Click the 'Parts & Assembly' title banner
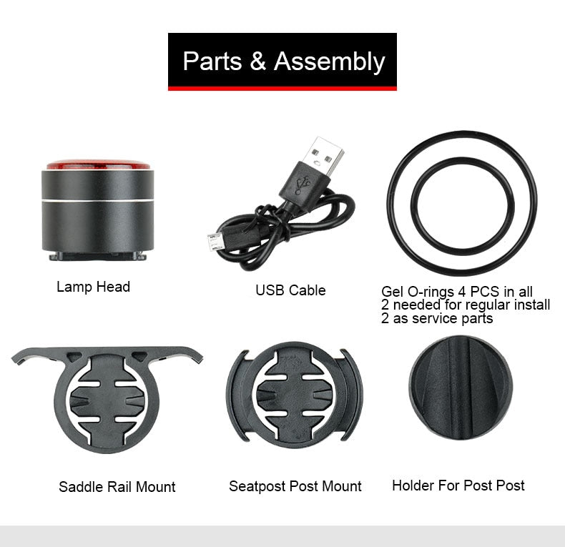[x=282, y=61]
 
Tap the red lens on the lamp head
[x=99, y=164]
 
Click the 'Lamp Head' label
[x=93, y=287]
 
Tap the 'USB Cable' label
[x=290, y=290]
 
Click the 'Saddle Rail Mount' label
[x=117, y=487]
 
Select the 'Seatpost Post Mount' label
[x=295, y=486]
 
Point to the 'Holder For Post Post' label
[x=458, y=486]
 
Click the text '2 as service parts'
[x=437, y=318]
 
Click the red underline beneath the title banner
[x=282, y=88]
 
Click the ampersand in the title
[x=257, y=61]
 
